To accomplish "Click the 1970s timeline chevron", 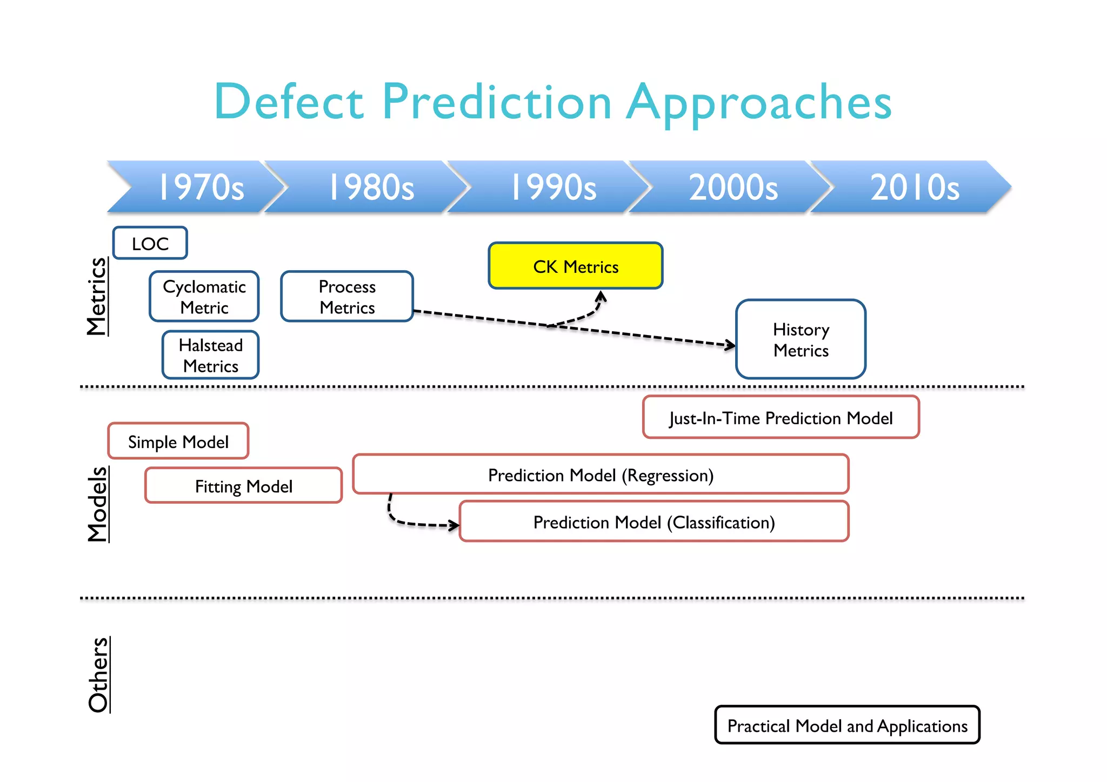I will (x=200, y=187).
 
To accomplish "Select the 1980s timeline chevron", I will (x=371, y=187).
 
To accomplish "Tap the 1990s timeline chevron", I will (x=552, y=187).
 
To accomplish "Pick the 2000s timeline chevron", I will (x=733, y=187).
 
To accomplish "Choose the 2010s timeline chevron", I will (x=915, y=187).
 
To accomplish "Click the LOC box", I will (x=150, y=243).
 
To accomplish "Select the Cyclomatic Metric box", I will (x=204, y=297).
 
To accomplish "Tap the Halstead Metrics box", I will (x=211, y=355).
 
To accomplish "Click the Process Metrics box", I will (x=347, y=297).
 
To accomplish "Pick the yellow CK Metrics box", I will (x=576, y=266).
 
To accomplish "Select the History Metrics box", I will (x=801, y=339).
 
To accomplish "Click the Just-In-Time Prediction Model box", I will (x=781, y=418).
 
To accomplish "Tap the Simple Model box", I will (x=178, y=442).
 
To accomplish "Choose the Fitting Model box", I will (x=244, y=486).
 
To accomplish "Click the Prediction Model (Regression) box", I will (x=601, y=474).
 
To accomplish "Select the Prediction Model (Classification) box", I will (x=654, y=522).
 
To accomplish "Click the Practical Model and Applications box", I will (x=847, y=725).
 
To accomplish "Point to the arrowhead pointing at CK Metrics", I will (x=601, y=296).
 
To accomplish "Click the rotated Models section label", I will (x=98, y=504).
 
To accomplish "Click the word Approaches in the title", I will (x=759, y=103).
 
